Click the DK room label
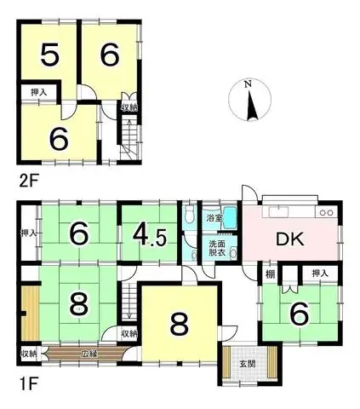[x=290, y=239]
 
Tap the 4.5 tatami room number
[x=150, y=235]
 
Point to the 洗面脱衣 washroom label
[x=217, y=248]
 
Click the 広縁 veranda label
[x=87, y=354]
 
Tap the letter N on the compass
[x=249, y=84]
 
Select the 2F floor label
[x=28, y=181]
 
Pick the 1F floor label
[x=28, y=384]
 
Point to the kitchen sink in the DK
[x=278, y=212]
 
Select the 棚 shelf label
[x=271, y=274]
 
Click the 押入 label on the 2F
[x=39, y=92]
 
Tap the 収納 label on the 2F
[x=130, y=107]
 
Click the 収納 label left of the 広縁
[x=29, y=354]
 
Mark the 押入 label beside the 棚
[x=320, y=274]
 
